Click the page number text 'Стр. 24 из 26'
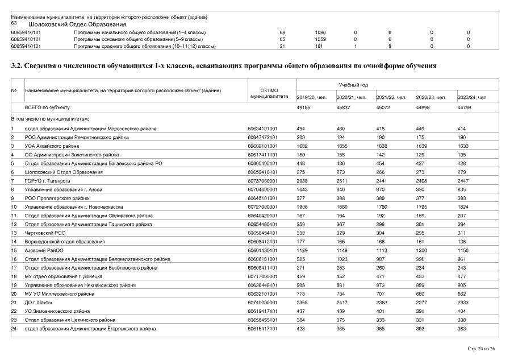pos(481,348)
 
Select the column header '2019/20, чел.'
pos(312,97)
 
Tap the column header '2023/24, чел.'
pos(472,97)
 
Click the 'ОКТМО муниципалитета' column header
pos(268,93)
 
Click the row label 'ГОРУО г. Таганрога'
pos(46,180)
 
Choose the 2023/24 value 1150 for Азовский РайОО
pos(464,250)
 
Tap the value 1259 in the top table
pos(320,39)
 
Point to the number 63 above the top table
pos(14,24)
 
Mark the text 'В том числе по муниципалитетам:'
pos(50,119)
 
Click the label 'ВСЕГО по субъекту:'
pos(48,107)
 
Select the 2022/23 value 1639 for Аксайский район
pos(423,146)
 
